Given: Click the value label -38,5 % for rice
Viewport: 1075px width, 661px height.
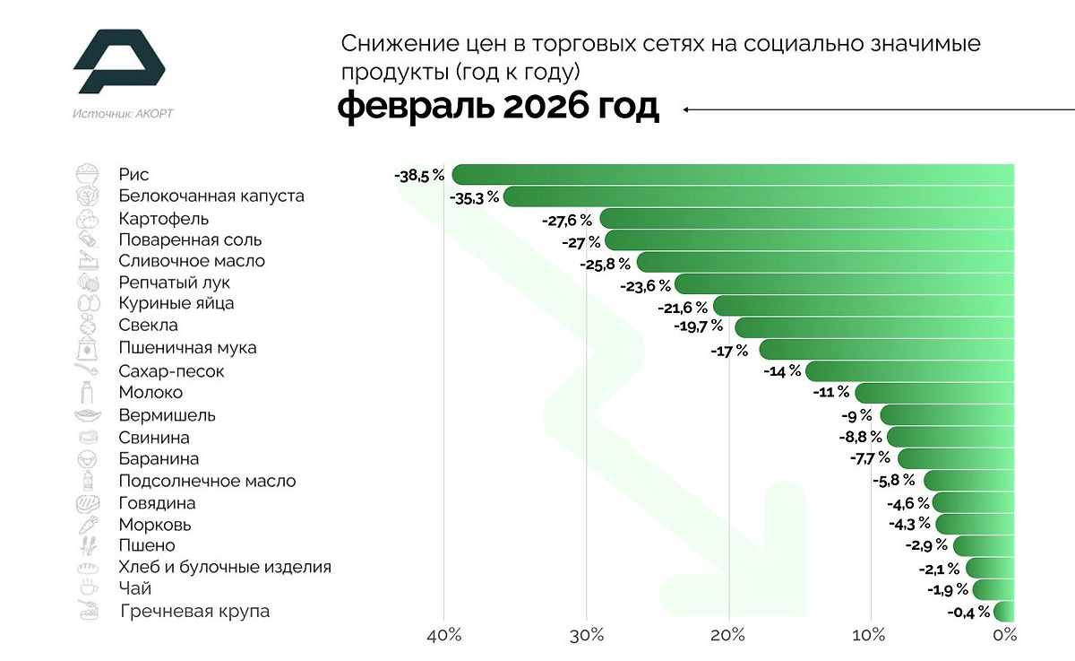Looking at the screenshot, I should (x=418, y=176).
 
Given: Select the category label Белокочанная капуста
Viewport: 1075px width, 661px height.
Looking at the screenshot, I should (x=211, y=196).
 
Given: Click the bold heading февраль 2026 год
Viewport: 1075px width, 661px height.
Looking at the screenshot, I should (x=498, y=108).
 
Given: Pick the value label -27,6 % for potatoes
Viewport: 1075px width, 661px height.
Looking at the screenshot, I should (x=567, y=220).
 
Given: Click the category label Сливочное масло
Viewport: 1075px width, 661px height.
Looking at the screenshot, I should (x=192, y=261).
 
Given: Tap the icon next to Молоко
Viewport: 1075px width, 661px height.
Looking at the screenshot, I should (x=87, y=392).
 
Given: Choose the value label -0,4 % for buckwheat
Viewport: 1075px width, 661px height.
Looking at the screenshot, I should (x=969, y=613).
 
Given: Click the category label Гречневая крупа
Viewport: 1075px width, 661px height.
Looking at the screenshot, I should (x=194, y=612).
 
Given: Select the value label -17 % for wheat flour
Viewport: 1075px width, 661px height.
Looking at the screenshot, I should (x=729, y=351).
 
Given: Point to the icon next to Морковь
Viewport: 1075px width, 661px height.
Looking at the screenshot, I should (x=87, y=525).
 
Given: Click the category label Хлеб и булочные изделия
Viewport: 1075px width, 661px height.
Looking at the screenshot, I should (x=225, y=567).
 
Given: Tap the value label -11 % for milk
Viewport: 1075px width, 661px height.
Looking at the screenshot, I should (x=830, y=393).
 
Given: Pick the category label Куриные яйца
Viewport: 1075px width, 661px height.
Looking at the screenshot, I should (x=176, y=303).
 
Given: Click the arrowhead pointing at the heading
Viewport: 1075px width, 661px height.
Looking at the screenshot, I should (x=686, y=109).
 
